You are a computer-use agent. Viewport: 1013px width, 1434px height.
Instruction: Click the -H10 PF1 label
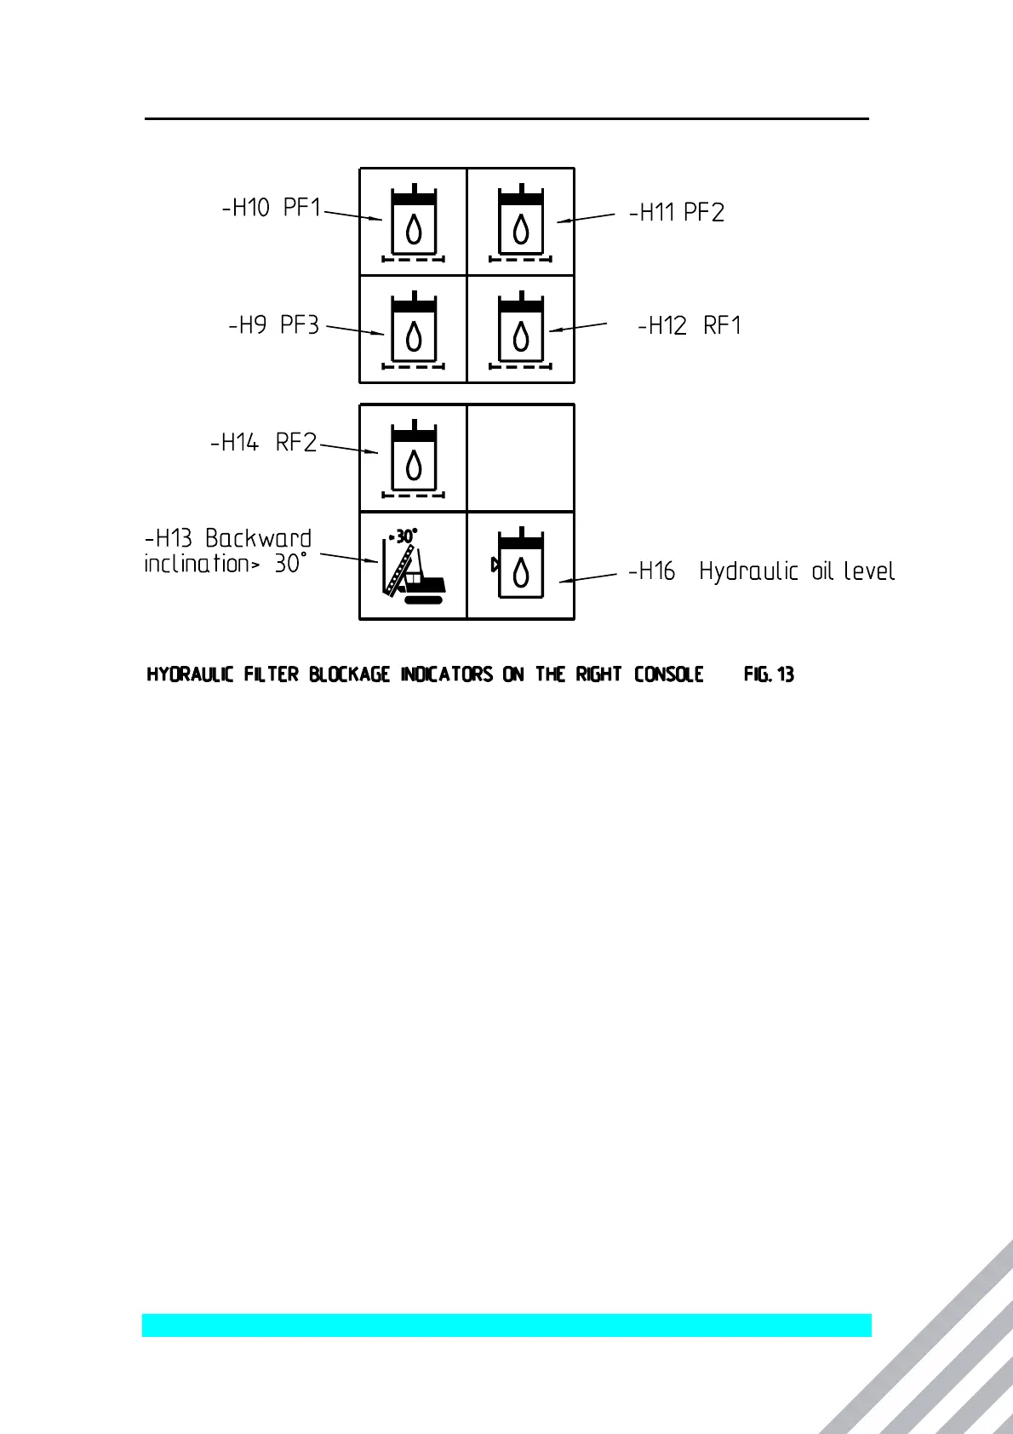272,208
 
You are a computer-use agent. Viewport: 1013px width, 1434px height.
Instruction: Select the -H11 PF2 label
677,213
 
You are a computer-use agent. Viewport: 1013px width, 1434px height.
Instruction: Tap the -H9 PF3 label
274,326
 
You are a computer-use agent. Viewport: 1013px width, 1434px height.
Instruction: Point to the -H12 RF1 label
690,326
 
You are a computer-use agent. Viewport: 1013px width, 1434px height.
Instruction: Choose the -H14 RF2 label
263,443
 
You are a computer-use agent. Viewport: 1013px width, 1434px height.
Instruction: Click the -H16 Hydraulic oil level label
761,571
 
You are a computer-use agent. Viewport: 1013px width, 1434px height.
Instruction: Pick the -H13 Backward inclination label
227,551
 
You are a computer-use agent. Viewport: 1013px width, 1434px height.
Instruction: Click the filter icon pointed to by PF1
414,223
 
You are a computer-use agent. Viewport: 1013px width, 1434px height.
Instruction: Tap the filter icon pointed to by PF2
521,223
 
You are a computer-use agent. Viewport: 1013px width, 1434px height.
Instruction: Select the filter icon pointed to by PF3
414,330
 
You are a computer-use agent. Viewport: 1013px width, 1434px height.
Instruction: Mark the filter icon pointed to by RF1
521,330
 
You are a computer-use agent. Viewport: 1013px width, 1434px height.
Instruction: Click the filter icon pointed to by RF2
414,459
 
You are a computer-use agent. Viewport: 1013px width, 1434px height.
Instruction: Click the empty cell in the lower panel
521,458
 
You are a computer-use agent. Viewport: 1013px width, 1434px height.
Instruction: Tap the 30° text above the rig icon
403,536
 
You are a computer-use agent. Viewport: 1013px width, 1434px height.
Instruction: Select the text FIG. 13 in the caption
769,675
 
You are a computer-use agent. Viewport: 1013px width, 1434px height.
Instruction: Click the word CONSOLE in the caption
668,675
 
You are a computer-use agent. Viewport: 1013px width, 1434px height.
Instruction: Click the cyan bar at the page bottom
506,1325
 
